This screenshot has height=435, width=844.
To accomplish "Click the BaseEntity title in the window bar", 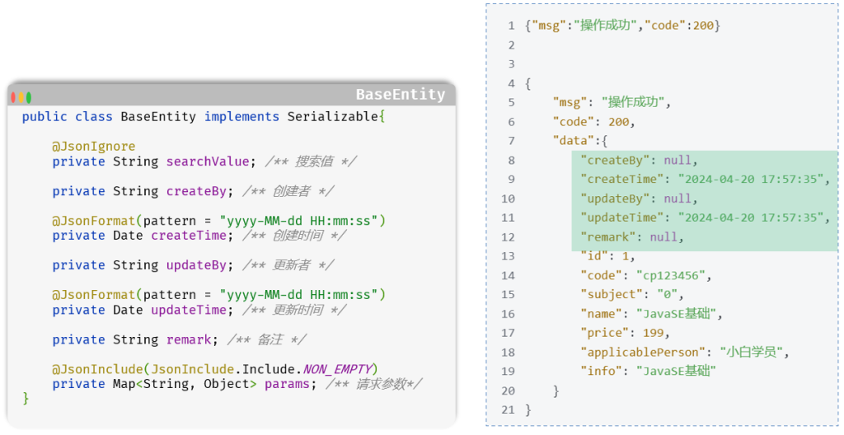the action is [401, 95].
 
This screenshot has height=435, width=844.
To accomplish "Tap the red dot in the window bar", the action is [13, 97].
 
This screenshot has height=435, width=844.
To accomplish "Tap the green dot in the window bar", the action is [29, 97].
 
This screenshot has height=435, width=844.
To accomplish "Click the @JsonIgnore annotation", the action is [94, 147].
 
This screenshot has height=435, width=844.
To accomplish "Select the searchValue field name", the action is [207, 161].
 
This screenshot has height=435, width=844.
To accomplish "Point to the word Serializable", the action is [333, 117].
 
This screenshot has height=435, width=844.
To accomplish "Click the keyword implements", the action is [241, 117].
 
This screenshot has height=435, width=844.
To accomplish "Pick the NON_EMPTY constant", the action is [337, 369].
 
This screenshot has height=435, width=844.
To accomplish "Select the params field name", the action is [287, 385].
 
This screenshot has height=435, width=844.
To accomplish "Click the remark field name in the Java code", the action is [189, 339].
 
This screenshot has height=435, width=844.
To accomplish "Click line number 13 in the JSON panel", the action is [508, 256].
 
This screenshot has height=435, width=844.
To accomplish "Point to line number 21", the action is [508, 409].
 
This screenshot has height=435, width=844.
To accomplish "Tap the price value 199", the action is [653, 333].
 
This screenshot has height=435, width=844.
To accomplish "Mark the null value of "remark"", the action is [663, 237].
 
